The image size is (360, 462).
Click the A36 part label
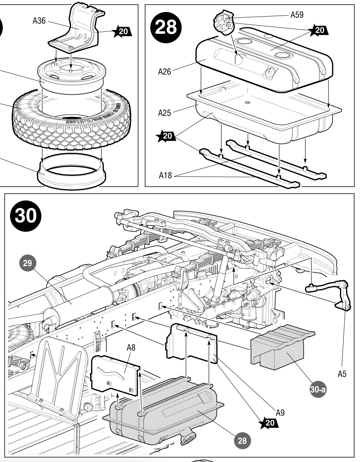point(39,21)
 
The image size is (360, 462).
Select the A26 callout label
point(164,72)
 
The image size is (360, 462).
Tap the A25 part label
point(164,113)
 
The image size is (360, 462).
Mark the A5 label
point(342,374)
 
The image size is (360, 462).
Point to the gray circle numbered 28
point(242,441)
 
